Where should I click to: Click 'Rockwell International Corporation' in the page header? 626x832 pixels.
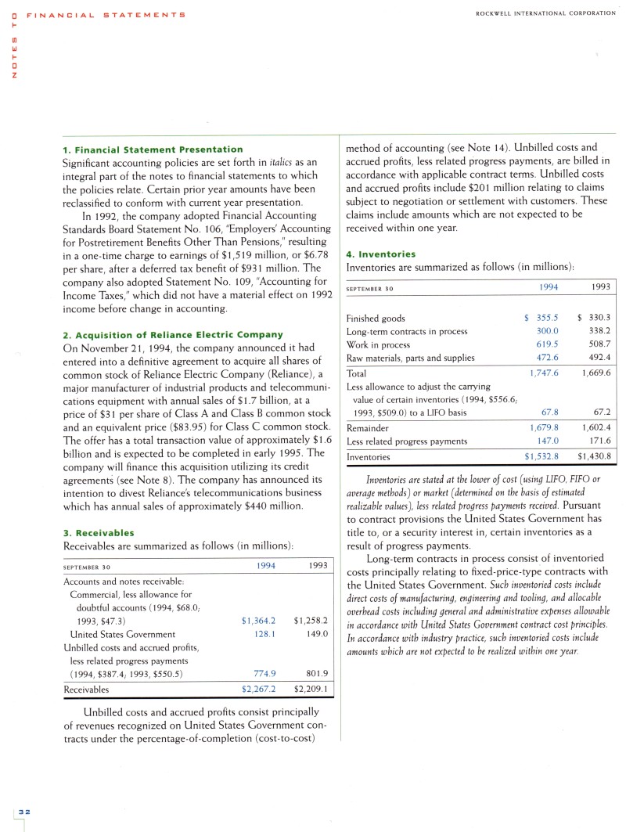click(x=545, y=13)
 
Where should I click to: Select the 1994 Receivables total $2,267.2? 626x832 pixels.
click(x=259, y=690)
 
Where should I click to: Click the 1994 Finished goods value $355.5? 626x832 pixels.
click(x=541, y=318)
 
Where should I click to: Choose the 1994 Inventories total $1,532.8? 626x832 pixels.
click(x=540, y=456)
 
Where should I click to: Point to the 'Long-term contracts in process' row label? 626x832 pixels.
click(x=406, y=331)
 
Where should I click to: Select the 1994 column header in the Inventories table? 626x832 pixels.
click(x=549, y=287)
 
